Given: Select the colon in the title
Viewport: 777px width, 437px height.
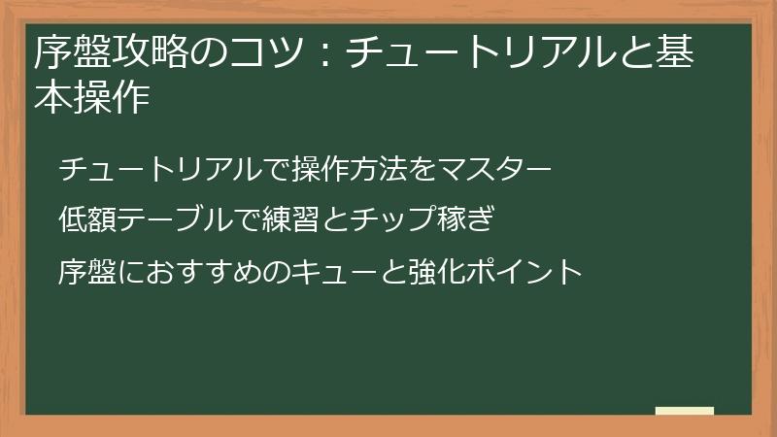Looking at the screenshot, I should [x=322, y=52].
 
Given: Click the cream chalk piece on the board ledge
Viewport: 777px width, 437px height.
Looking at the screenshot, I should [x=685, y=412].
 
